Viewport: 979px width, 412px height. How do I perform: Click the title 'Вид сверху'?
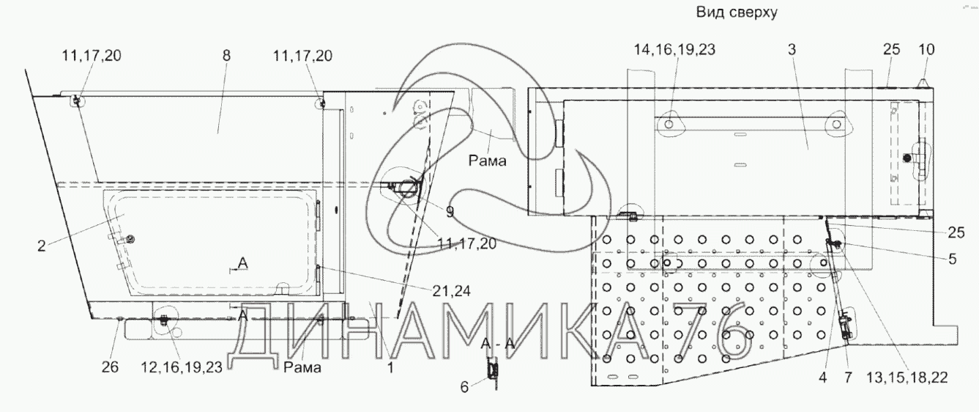pyautogui.click(x=737, y=12)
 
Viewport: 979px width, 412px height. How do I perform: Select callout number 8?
pyautogui.click(x=226, y=56)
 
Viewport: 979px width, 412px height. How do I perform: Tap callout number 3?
pyautogui.click(x=792, y=49)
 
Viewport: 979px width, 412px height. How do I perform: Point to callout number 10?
pyautogui.click(x=926, y=49)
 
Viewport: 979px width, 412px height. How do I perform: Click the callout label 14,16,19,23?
pyautogui.click(x=675, y=49)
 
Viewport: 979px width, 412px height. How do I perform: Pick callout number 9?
pyautogui.click(x=450, y=212)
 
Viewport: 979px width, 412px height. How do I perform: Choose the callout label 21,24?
pyautogui.click(x=452, y=291)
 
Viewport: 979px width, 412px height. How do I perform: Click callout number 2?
pyautogui.click(x=41, y=246)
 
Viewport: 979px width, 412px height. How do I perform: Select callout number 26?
pyautogui.click(x=110, y=367)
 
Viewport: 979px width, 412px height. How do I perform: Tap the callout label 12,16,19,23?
pyautogui.click(x=182, y=367)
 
